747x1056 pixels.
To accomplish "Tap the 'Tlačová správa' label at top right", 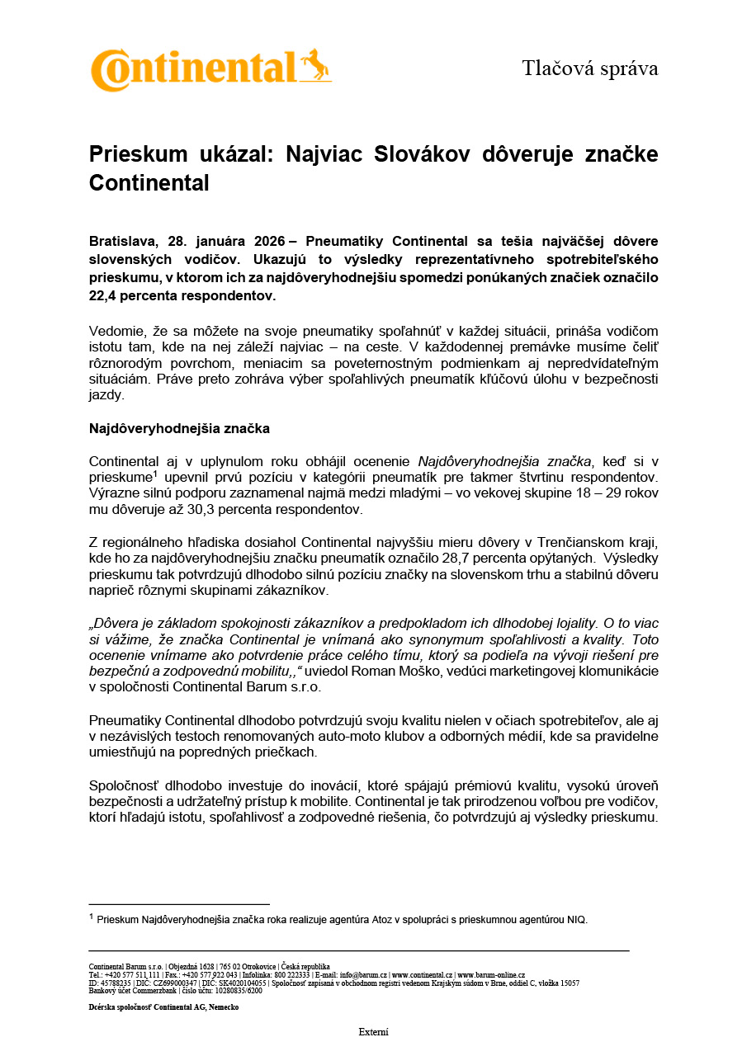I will (x=589, y=68).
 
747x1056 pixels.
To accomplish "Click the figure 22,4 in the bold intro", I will (x=105, y=295).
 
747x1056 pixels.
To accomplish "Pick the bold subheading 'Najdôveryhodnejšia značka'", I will (x=179, y=429).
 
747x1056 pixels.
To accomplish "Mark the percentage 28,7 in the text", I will (x=429, y=558).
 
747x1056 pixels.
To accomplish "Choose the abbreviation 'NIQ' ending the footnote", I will (x=576, y=920).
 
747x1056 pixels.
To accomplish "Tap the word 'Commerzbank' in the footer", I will (x=145, y=990).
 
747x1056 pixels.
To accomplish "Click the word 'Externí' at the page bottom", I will (x=373, y=1032).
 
